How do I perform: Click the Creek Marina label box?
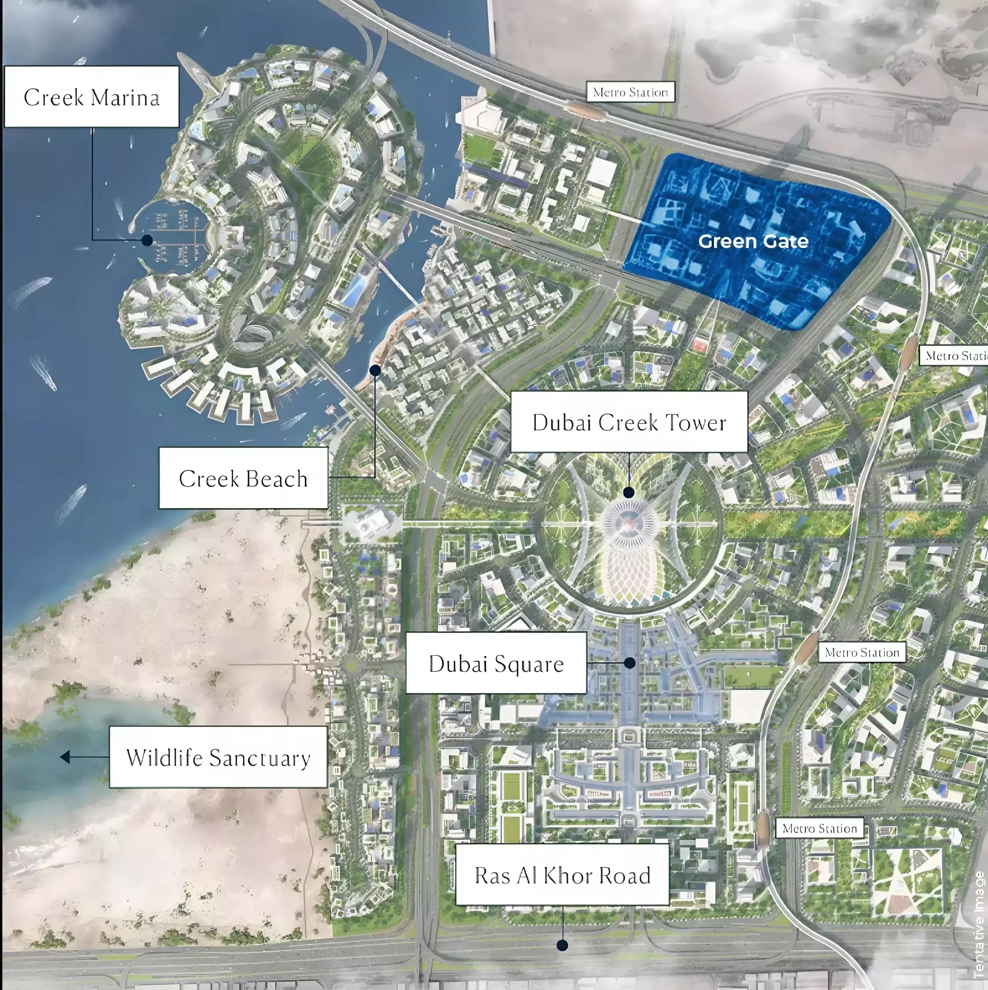coord(91,97)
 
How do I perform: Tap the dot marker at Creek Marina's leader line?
coord(147,240)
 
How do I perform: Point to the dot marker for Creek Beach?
coord(375,370)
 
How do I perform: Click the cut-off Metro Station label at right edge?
coord(955,356)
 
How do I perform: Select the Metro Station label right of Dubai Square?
coord(862,652)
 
